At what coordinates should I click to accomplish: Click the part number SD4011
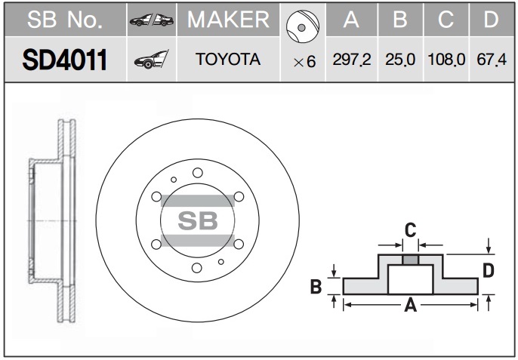[x=65, y=60]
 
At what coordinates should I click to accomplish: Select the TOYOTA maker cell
[x=228, y=60]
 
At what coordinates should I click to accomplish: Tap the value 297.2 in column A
[x=352, y=60]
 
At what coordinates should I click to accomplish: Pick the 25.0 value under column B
[x=400, y=60]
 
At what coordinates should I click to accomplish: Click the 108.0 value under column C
[x=446, y=60]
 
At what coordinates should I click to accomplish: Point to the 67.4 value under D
[x=492, y=60]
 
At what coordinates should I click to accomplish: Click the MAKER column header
[x=228, y=19]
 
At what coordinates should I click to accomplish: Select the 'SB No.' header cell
[x=65, y=20]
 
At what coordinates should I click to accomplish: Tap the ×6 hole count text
[x=304, y=62]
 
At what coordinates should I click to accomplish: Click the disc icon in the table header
[x=303, y=26]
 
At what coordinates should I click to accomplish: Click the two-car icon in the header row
[x=152, y=20]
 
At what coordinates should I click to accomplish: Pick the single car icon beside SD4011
[x=152, y=60]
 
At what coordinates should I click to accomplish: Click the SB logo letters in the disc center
[x=198, y=220]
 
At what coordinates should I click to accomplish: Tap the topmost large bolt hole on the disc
[x=198, y=173]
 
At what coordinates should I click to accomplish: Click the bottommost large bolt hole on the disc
[x=197, y=268]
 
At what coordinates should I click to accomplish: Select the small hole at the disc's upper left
[x=174, y=180]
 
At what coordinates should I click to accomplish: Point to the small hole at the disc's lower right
[x=221, y=262]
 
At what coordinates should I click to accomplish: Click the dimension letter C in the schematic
[x=410, y=230]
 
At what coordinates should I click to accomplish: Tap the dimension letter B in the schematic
[x=316, y=286]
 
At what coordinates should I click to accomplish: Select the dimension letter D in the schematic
[x=489, y=270]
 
